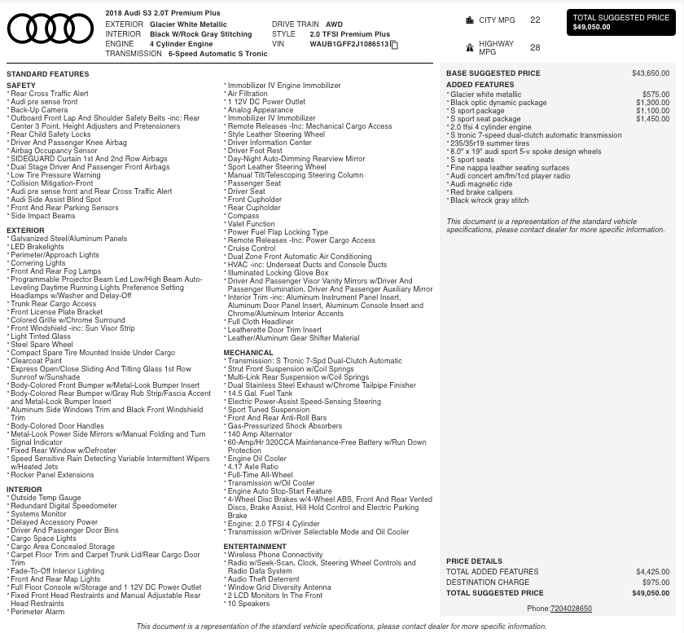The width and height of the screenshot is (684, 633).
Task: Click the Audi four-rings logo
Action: (50, 29)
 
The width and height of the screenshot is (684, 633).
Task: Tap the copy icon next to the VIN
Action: (395, 45)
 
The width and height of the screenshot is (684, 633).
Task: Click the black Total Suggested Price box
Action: (621, 22)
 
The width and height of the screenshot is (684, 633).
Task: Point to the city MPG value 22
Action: (535, 20)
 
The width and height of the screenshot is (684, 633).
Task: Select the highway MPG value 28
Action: (535, 48)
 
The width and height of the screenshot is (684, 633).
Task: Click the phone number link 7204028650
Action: (571, 609)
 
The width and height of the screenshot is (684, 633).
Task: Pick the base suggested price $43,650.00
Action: (651, 73)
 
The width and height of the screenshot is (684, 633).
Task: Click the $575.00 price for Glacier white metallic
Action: (655, 95)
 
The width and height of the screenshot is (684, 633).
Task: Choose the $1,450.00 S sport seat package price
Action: (652, 119)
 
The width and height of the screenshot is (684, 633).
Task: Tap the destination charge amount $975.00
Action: (655, 582)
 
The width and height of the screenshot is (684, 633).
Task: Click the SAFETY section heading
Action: (21, 86)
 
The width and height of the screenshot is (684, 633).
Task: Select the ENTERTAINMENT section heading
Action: (255, 547)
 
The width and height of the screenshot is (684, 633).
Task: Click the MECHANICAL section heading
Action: (248, 353)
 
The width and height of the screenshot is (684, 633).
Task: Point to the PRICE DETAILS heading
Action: (474, 561)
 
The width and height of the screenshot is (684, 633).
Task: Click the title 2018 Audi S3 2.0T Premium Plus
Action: (163, 14)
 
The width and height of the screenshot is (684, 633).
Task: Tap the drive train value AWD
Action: (334, 24)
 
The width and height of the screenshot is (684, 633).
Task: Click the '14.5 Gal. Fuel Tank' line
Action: (262, 393)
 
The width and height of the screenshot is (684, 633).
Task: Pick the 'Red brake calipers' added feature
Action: (481, 192)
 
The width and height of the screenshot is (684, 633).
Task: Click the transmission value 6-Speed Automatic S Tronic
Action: (217, 54)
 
